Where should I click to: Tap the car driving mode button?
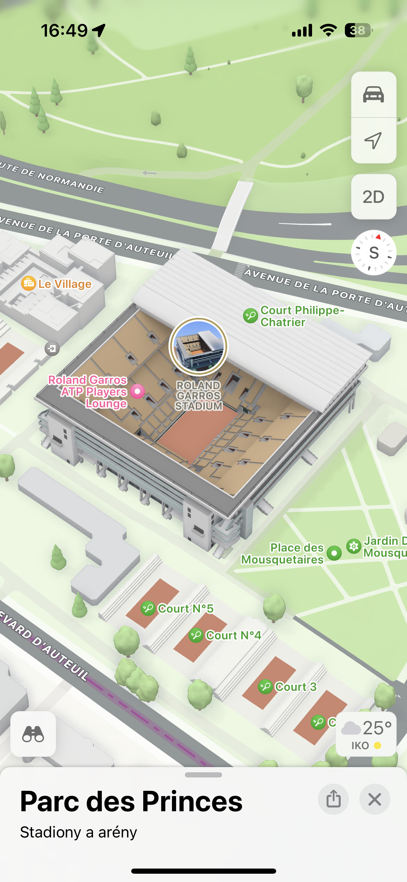(x=373, y=94)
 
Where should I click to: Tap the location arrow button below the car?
(x=373, y=140)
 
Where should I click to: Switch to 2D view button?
(x=373, y=197)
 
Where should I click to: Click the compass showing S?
(x=374, y=253)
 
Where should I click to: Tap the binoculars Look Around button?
(x=33, y=734)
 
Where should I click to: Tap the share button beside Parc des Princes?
(x=333, y=799)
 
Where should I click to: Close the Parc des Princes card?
(x=375, y=799)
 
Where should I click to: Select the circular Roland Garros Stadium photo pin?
(x=198, y=346)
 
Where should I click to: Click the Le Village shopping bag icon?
(x=28, y=284)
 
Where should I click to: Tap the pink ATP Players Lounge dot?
(x=137, y=391)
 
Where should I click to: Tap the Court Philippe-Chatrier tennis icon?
(x=251, y=315)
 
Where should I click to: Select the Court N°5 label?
(x=185, y=609)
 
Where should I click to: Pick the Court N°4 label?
(x=233, y=635)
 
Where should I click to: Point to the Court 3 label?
(x=295, y=687)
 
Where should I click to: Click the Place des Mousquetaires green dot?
(x=334, y=553)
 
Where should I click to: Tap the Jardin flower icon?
(x=354, y=546)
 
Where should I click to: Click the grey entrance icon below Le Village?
(x=52, y=349)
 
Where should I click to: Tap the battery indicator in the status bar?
(x=358, y=30)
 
